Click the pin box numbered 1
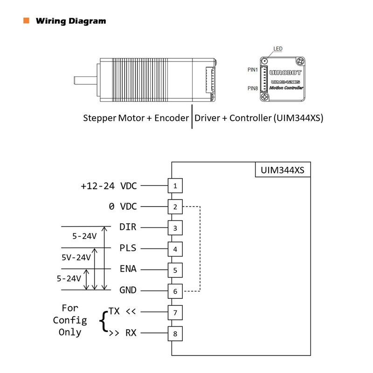(175, 186)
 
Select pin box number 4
(175, 249)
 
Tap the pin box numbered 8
(175, 333)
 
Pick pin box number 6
(175, 291)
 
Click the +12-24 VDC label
(109, 186)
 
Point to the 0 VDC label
(123, 206)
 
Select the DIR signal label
(127, 227)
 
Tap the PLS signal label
(127, 248)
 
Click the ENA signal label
(127, 269)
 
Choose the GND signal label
(127, 290)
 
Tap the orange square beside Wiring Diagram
(26, 21)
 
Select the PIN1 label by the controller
(253, 70)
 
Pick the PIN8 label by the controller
(253, 88)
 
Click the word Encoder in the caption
(172, 118)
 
